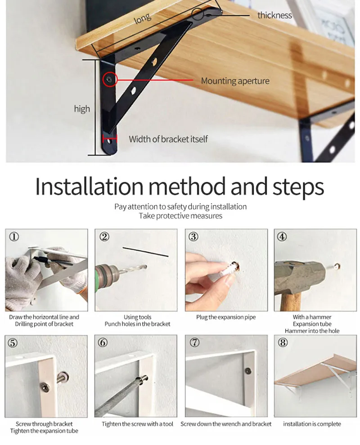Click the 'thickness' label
coord(274,15)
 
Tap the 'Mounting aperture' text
coord(235,81)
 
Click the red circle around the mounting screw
coord(110,80)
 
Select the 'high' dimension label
coord(82,109)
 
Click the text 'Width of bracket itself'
coord(168,139)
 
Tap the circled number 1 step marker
coord(14,237)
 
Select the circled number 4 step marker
coord(282,237)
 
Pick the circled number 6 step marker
coord(103,343)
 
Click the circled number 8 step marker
coord(282,343)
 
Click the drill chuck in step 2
coord(108,275)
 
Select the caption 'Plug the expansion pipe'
coord(226,317)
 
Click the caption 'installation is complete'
coord(312,424)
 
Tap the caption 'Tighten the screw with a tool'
coord(138,424)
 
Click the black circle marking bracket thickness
coord(198,14)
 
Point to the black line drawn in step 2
coord(145,252)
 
